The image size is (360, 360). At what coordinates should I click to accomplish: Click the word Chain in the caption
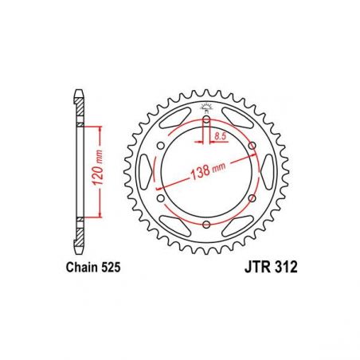coord(79,270)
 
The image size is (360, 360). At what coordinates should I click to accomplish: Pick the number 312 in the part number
coord(284,270)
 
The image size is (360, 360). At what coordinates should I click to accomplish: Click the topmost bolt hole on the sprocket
coord(206,121)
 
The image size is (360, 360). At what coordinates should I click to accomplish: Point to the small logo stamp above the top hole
coord(206,108)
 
